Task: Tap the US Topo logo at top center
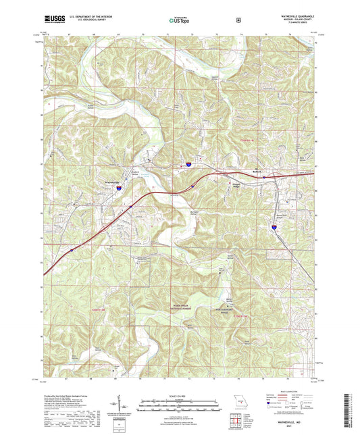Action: (x=178, y=21)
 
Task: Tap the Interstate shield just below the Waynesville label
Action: (x=117, y=190)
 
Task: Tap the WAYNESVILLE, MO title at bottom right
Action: (x=291, y=419)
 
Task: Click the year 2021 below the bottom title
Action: (x=291, y=425)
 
